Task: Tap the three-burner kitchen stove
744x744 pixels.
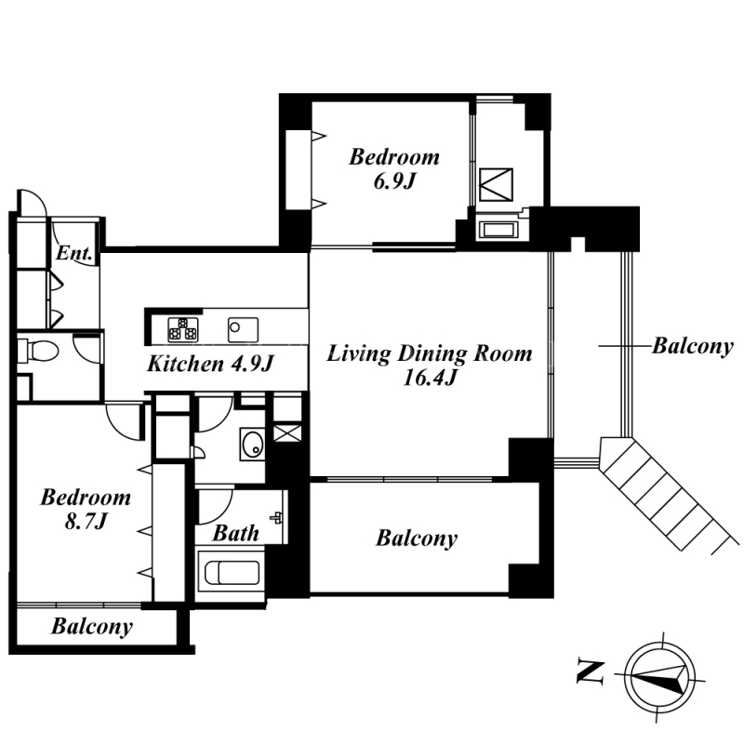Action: (183, 329)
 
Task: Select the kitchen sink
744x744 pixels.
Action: (243, 329)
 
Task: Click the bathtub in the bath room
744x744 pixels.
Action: (232, 573)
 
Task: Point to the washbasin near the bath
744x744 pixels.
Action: (252, 445)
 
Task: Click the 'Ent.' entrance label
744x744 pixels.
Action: (73, 253)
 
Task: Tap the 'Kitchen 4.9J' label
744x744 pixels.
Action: (211, 364)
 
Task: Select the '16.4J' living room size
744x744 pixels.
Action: (430, 379)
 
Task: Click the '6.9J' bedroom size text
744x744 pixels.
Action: (394, 181)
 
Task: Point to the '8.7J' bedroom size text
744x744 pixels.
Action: (86, 522)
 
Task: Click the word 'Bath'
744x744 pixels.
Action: (236, 533)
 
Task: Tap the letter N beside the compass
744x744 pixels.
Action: (591, 671)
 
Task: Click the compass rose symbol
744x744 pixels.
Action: (659, 678)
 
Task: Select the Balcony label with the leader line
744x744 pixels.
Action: (693, 346)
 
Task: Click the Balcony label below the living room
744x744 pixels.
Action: (417, 538)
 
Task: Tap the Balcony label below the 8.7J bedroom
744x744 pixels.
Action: (92, 626)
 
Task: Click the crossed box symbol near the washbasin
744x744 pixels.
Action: (287, 432)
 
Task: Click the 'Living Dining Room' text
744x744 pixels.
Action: (430, 354)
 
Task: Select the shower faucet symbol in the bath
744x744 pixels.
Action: (276, 517)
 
